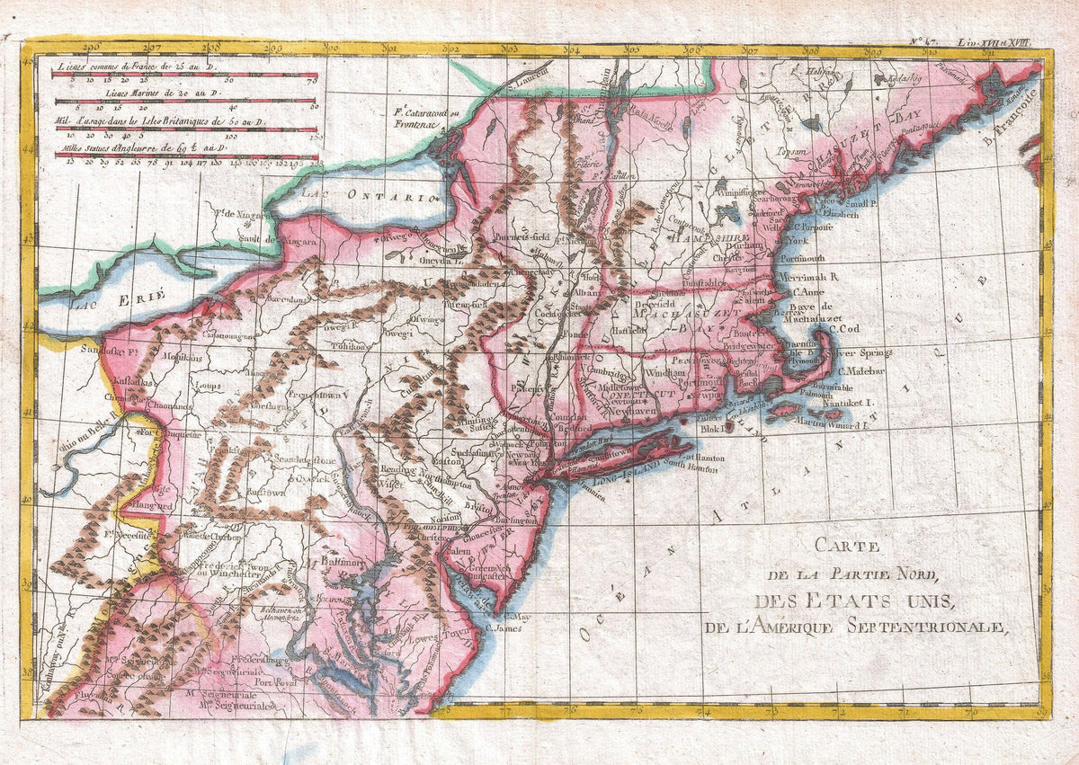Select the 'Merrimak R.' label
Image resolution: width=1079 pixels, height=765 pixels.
click(808, 278)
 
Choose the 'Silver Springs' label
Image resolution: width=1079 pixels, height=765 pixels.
click(863, 353)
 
